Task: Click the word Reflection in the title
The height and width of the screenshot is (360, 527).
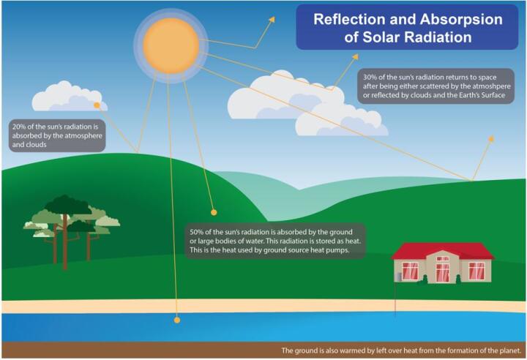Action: tap(348, 19)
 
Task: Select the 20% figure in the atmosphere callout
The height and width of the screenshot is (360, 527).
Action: tap(18, 126)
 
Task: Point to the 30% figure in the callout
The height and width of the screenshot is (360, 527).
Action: tap(369, 75)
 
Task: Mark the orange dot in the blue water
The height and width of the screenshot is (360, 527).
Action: tap(176, 320)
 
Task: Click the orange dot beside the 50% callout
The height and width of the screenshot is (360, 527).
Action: tap(214, 212)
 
